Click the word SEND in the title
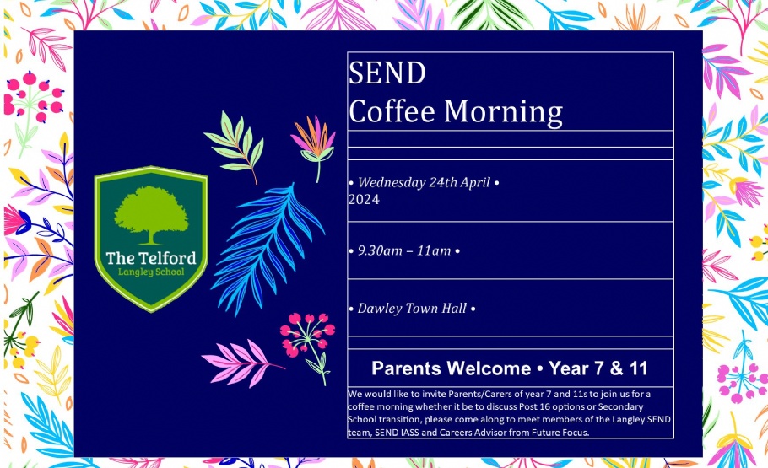(x=387, y=73)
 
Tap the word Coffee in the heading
(x=392, y=110)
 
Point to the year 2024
(x=364, y=199)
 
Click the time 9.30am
(x=380, y=250)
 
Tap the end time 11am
(x=434, y=250)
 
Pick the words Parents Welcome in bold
(x=452, y=368)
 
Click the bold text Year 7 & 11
(x=598, y=368)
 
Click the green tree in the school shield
(x=151, y=215)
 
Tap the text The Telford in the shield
(x=151, y=258)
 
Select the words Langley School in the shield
(x=151, y=272)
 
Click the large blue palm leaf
(x=268, y=250)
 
